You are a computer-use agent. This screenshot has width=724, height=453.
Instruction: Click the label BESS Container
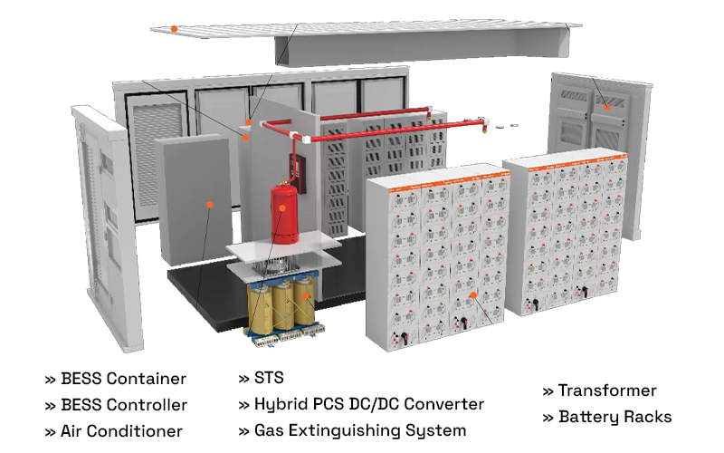[123, 379]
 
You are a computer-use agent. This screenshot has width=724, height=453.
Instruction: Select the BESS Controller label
[123, 405]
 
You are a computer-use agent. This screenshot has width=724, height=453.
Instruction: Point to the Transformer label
[607, 390]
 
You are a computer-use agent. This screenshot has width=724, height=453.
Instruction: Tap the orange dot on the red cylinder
[283, 207]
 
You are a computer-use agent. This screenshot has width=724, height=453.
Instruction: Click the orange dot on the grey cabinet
[210, 205]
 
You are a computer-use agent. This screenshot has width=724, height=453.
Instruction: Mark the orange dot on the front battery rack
[472, 294]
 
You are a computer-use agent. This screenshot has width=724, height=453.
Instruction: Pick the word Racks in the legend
[649, 417]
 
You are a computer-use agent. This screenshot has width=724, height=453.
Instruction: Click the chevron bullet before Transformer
[548, 391]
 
